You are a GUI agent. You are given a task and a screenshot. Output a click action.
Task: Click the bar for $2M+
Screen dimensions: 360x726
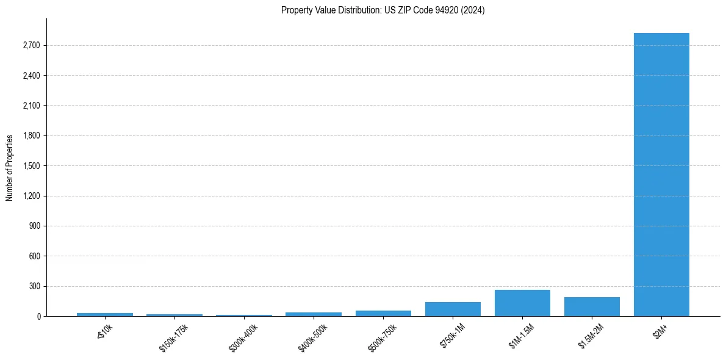click(x=661, y=175)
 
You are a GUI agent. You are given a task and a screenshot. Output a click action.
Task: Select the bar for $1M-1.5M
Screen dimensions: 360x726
click(x=522, y=303)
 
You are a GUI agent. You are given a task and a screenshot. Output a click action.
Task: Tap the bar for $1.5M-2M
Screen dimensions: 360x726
click(x=592, y=306)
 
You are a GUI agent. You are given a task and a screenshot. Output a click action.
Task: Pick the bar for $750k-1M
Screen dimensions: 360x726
click(x=453, y=309)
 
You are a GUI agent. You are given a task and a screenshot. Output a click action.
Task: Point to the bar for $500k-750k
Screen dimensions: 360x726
click(x=383, y=313)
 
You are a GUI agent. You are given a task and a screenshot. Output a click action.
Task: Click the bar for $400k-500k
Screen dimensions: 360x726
click(x=314, y=314)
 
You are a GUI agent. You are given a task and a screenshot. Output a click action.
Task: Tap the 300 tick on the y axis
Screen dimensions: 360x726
click(x=34, y=286)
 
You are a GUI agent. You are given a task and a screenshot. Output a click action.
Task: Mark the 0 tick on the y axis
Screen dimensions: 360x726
click(x=38, y=317)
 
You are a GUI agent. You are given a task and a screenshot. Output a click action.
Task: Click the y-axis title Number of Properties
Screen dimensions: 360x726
click(x=9, y=167)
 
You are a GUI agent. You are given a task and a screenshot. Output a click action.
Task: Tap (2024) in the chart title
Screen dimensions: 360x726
click(x=473, y=10)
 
